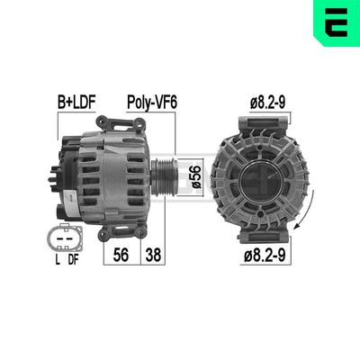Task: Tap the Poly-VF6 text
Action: [x=150, y=103]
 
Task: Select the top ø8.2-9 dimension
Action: [x=268, y=103]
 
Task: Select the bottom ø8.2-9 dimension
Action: [x=268, y=256]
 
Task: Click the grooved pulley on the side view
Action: [x=167, y=174]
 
